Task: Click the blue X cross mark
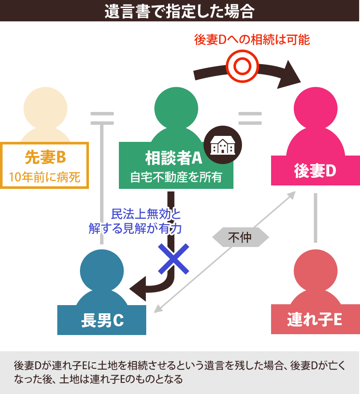click(x=173, y=259)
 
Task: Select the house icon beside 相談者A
click(x=222, y=145)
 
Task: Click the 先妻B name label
click(x=44, y=158)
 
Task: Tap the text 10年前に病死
click(x=44, y=177)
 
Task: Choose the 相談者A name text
click(x=173, y=158)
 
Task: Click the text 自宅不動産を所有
click(x=176, y=177)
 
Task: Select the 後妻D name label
click(x=315, y=171)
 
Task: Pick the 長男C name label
click(x=102, y=320)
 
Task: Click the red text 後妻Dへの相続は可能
click(x=251, y=40)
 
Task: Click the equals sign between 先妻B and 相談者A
click(x=102, y=118)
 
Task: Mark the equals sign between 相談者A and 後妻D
click(x=250, y=118)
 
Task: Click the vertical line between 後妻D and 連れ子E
click(x=316, y=218)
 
